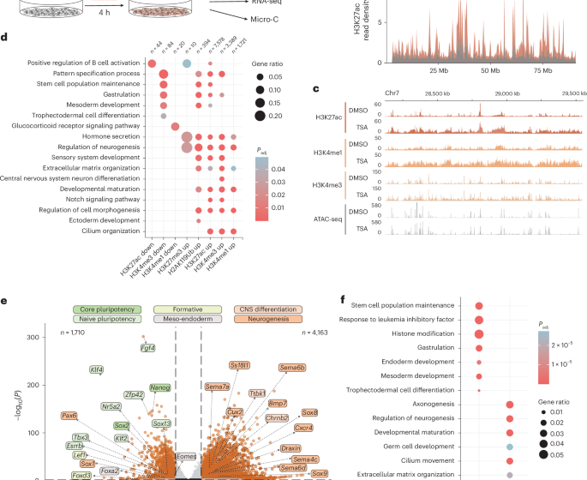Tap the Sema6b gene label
[x=292, y=368]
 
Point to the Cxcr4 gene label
[x=303, y=427]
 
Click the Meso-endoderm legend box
[x=187, y=320]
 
